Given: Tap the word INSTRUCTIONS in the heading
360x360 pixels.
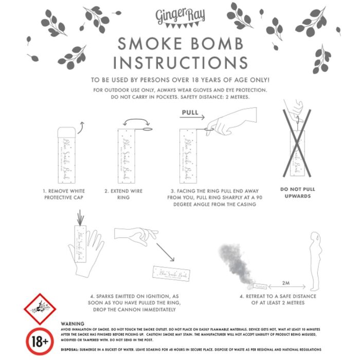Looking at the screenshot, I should point(180,62).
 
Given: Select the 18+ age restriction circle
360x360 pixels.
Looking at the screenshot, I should point(40,340).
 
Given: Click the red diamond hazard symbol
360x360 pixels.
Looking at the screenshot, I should point(40,309).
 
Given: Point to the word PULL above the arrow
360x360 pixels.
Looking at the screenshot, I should point(190,112).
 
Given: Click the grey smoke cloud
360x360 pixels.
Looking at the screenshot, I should point(237,263).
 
